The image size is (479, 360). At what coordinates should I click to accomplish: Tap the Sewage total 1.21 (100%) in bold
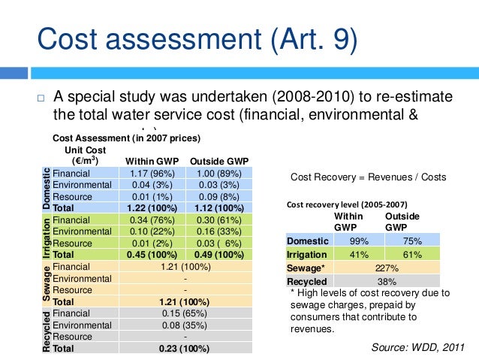(x=184, y=301)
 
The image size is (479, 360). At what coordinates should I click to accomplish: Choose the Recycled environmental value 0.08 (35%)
(x=184, y=325)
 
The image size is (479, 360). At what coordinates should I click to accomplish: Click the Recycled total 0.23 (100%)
(x=184, y=349)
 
